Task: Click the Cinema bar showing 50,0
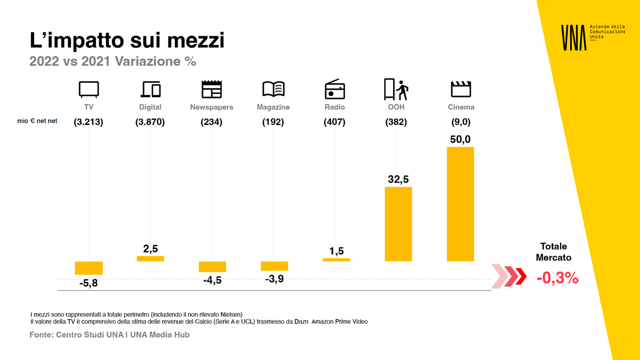pos(460,204)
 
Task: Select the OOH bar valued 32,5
pos(398,224)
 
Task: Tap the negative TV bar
pos(89,268)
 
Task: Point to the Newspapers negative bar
pos(212,267)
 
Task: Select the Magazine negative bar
pos(274,266)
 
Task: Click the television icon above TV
pos(89,89)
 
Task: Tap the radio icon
pos(335,89)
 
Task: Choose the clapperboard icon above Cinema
pos(461,89)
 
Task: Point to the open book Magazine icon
pos(273,89)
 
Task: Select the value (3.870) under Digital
pos(150,122)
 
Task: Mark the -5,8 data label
pos(89,283)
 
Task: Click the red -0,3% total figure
pos(557,278)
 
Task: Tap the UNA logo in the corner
pos(573,37)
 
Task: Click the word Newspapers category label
pos(212,107)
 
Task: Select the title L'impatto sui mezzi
pos(127,41)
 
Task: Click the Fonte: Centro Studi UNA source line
pos(109,335)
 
